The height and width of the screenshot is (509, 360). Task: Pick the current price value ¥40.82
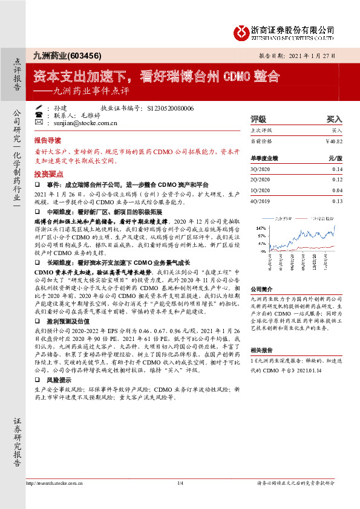click(333, 141)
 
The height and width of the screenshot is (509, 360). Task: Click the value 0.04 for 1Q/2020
click(337, 190)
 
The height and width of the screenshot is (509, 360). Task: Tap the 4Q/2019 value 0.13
click(337, 201)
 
